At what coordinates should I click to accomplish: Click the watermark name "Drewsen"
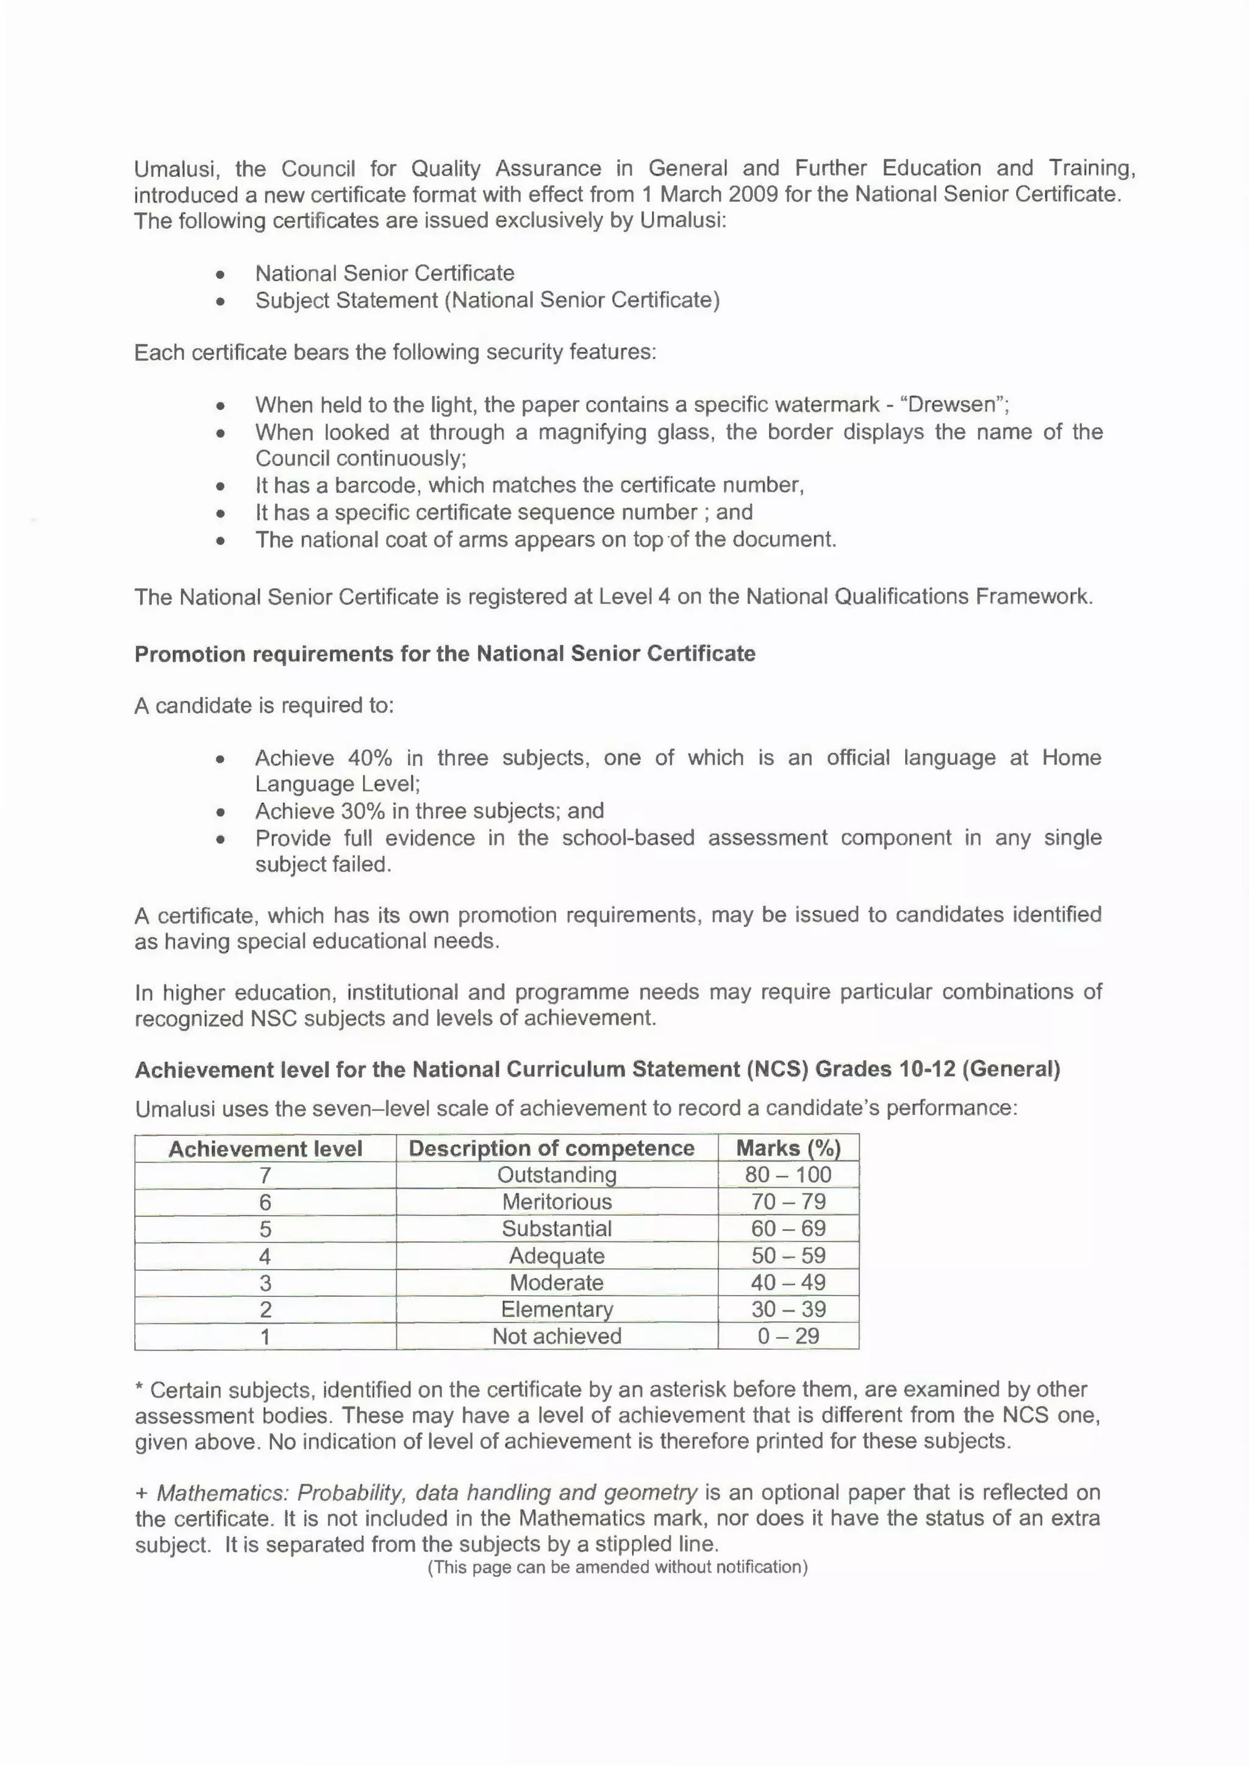[x=951, y=404]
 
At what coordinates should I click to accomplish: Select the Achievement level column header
[x=265, y=1149]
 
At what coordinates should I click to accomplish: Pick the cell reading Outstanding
[x=557, y=1174]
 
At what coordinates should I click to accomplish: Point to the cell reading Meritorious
[x=557, y=1202]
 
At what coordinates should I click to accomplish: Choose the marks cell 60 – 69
[x=789, y=1229]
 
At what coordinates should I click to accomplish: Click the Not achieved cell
[x=557, y=1336]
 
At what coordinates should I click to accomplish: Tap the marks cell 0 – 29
[x=789, y=1336]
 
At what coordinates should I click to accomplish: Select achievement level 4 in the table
[x=265, y=1256]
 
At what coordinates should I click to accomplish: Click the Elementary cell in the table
[x=557, y=1309]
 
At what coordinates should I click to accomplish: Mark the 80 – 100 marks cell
[x=789, y=1174]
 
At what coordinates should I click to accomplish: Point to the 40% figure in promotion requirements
[x=370, y=758]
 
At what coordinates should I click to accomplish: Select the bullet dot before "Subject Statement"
[x=221, y=301]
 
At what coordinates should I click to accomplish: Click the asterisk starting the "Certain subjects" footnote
[x=139, y=1388]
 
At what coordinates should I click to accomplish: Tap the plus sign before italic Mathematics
[x=141, y=1493]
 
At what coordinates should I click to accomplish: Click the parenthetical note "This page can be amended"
[x=618, y=1567]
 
